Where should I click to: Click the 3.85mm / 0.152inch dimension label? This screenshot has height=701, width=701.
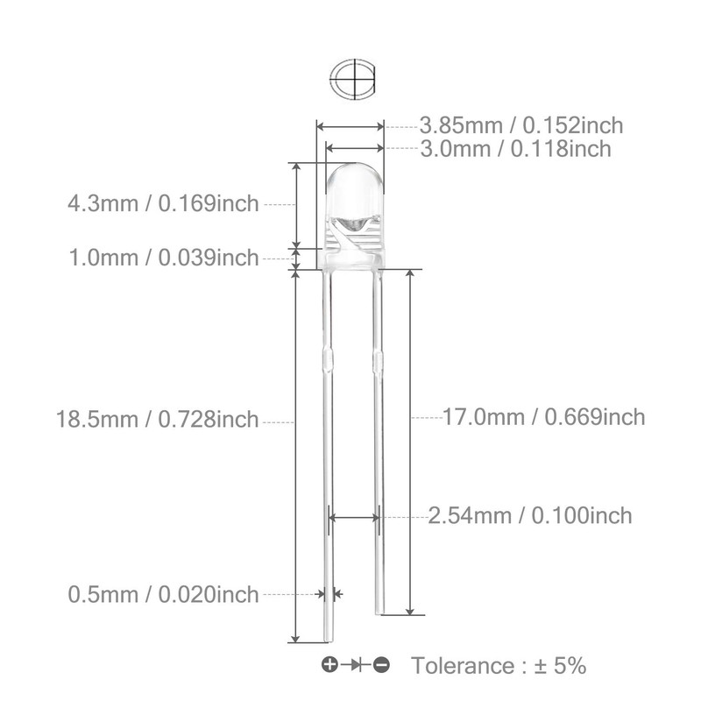pos(521,125)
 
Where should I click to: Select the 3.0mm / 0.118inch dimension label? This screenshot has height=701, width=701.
pos(515,149)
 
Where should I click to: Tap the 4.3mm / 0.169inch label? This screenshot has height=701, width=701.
pos(164,203)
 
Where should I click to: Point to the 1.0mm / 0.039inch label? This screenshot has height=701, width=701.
pos(164,258)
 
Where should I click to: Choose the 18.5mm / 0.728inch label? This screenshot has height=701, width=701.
pos(158,420)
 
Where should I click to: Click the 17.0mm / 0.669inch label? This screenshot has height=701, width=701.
pos(544,418)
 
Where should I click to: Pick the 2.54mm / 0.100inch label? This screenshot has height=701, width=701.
pos(530,516)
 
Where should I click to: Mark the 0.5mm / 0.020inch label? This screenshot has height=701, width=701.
pos(164,595)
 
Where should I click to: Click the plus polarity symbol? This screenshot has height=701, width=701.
pos(330,665)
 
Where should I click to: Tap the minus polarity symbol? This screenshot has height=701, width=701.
pos(381,665)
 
